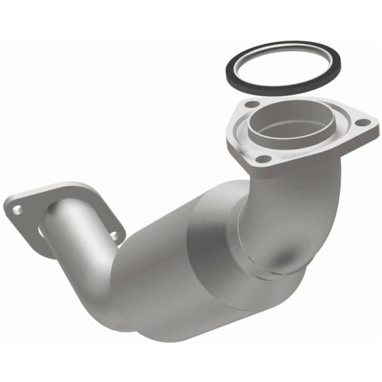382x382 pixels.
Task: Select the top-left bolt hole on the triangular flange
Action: pos(252,104)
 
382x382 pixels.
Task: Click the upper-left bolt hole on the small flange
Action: pos(16,208)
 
